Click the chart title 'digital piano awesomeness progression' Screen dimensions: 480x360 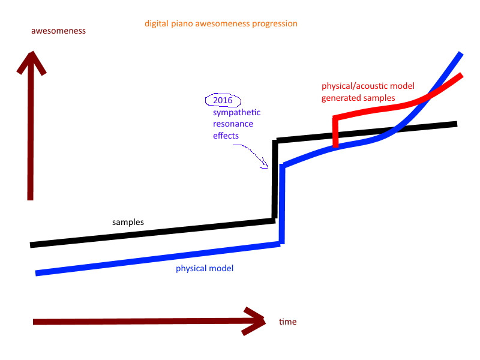221,24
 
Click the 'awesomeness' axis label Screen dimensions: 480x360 58,31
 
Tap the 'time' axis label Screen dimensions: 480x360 288,322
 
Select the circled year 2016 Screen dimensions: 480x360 223,100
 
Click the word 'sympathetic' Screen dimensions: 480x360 236,113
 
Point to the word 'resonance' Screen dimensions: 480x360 233,124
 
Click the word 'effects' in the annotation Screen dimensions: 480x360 226,136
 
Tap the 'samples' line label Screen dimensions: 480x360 128,222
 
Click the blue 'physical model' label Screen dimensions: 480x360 205,268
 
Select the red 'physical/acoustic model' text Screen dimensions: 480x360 368,86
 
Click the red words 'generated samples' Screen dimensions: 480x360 358,98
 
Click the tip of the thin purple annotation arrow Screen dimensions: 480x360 267,167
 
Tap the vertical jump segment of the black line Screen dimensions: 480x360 275,179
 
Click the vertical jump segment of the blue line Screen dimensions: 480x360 282,204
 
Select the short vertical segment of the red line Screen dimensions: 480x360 336,132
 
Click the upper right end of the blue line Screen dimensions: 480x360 460,54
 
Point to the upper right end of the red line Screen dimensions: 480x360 461,74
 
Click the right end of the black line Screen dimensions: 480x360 457,124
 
